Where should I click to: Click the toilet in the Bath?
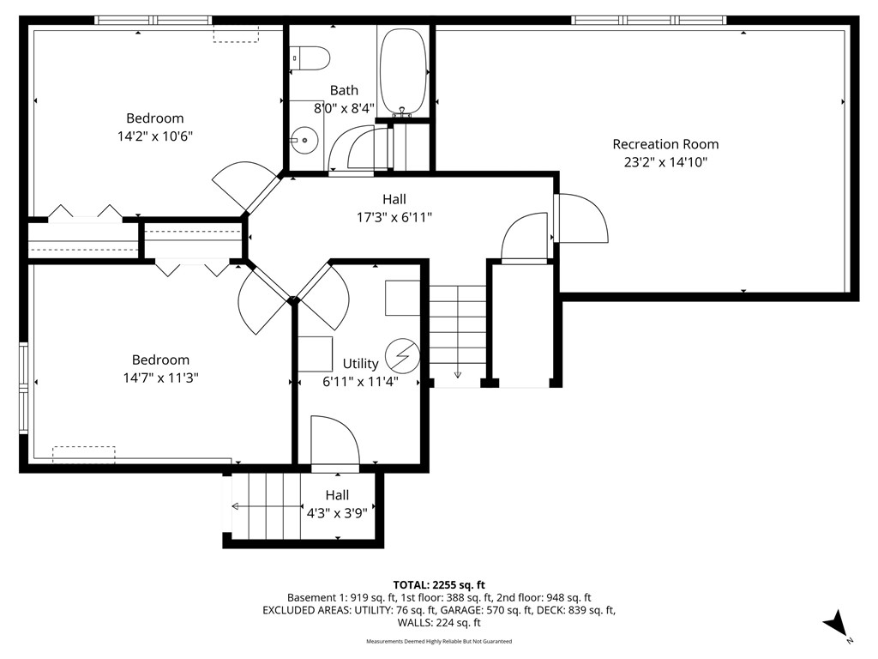click(x=310, y=57)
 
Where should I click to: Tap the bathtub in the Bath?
click(x=402, y=71)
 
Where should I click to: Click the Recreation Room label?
click(x=665, y=144)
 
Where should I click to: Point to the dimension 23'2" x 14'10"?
click(x=665, y=161)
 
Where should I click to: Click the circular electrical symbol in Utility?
click(x=400, y=354)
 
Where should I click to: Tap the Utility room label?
click(x=360, y=364)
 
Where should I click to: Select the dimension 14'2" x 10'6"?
click(x=155, y=135)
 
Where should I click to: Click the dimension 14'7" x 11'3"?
click(x=160, y=377)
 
